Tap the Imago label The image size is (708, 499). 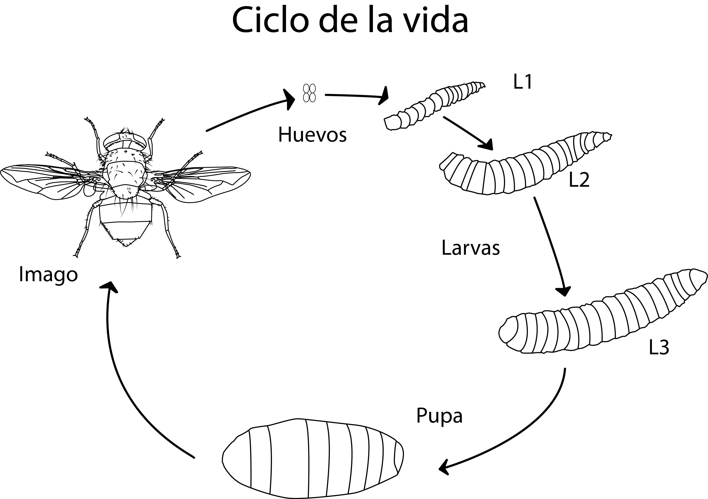pos(48,274)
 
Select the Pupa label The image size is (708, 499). pos(439,416)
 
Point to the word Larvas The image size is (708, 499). pos(470,248)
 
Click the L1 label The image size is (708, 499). pos(522,82)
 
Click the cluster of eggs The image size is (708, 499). pos(309,93)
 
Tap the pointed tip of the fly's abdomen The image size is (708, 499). pos(126,245)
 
